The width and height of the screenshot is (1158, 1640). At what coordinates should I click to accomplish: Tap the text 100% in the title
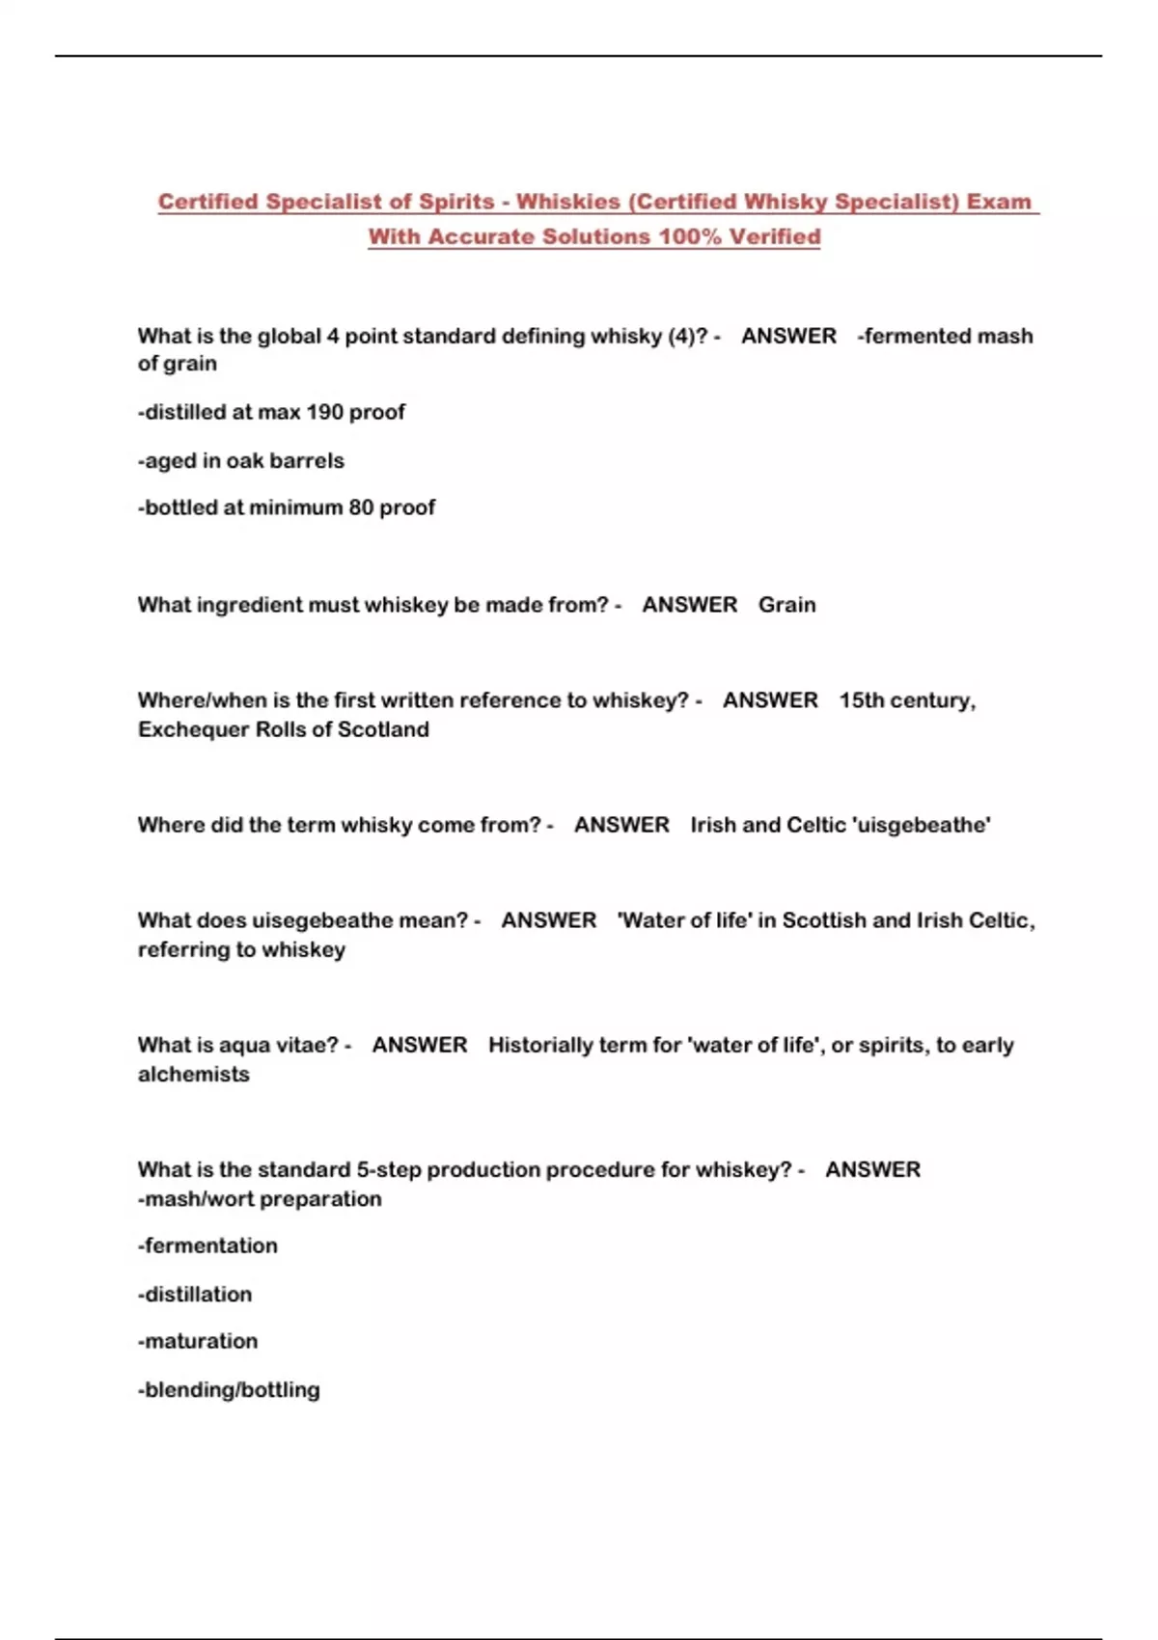click(x=689, y=236)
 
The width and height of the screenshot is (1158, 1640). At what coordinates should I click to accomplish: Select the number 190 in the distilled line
click(x=324, y=412)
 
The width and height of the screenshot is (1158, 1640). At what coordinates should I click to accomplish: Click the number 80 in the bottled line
click(x=361, y=507)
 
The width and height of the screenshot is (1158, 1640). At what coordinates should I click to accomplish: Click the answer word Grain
click(x=786, y=605)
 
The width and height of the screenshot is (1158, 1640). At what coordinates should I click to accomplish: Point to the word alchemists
click(x=193, y=1074)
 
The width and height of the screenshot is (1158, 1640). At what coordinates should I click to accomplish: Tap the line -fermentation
click(x=207, y=1245)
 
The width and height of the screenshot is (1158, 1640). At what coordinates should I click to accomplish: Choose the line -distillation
click(x=195, y=1294)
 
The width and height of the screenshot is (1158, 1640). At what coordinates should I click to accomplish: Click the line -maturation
click(x=198, y=1341)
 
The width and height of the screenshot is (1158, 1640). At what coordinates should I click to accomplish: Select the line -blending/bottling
click(x=229, y=1389)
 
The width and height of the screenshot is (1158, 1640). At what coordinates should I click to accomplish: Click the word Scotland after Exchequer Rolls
click(x=383, y=729)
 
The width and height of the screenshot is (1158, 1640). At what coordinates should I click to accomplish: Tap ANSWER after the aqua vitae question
click(x=420, y=1045)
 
